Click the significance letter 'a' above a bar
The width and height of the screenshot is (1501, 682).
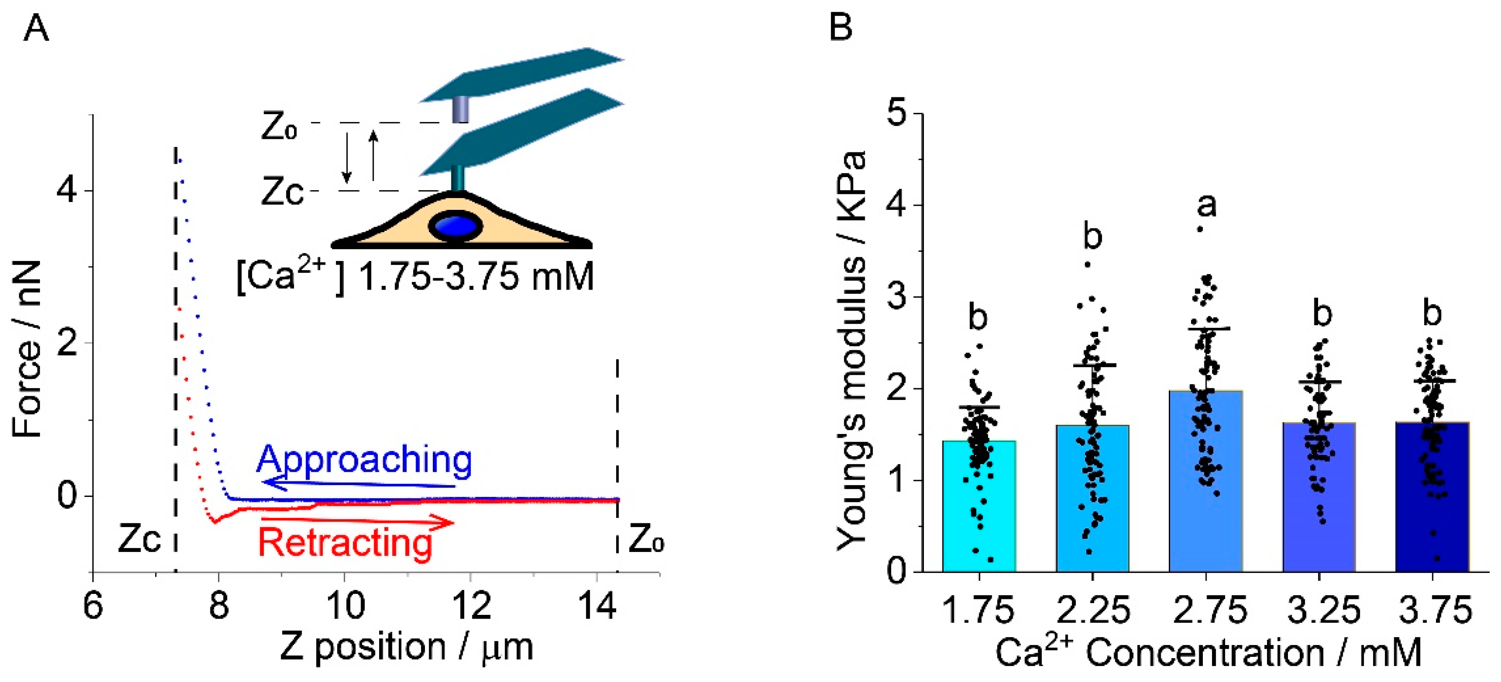point(1207,206)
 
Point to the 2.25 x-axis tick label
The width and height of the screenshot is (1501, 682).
point(1093,610)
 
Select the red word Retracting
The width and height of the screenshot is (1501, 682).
point(345,543)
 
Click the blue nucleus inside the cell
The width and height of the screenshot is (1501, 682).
point(455,226)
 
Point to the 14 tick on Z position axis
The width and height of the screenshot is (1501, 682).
point(597,606)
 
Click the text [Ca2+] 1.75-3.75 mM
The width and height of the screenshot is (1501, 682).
point(415,277)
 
